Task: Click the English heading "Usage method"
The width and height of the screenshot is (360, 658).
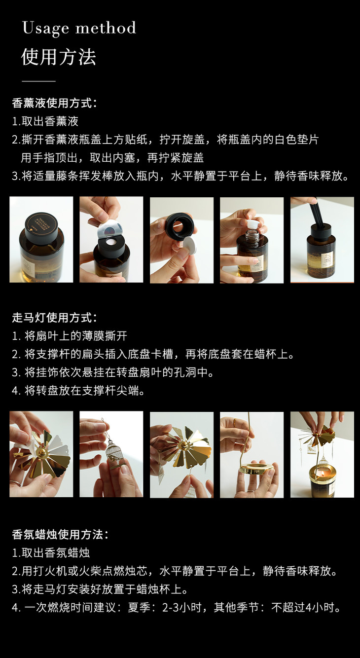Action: (x=79, y=29)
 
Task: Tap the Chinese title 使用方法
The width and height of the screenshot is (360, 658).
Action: (x=59, y=57)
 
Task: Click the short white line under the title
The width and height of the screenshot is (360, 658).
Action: (x=38, y=81)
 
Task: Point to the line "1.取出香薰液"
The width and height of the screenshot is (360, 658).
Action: (x=45, y=121)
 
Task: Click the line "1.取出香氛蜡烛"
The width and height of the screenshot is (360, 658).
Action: (x=51, y=553)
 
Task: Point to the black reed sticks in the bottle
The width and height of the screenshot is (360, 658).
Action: (x=318, y=212)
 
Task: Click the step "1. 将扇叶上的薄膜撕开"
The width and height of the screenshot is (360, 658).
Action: (x=70, y=336)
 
